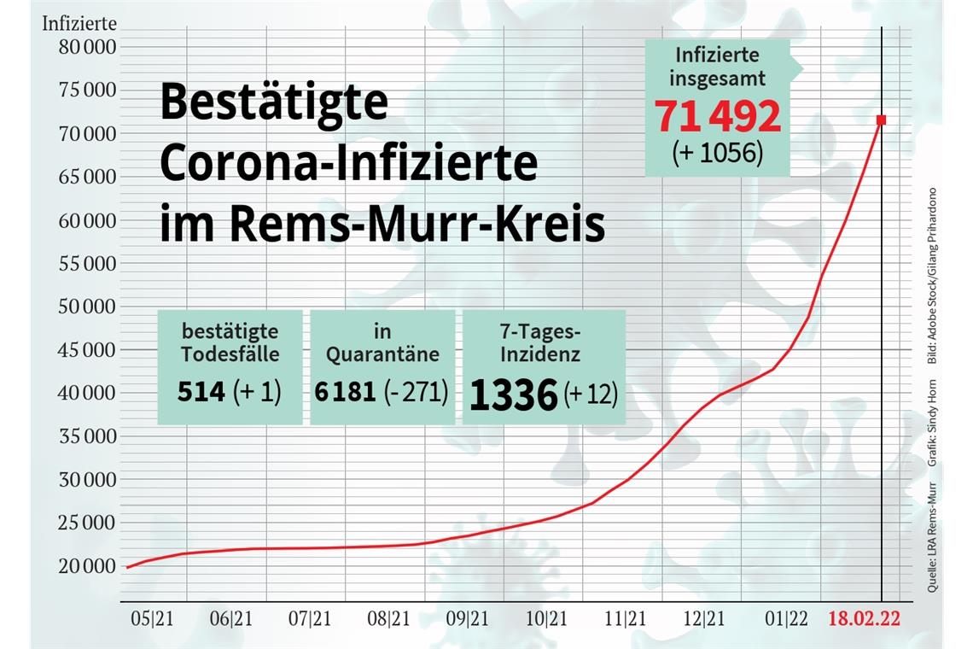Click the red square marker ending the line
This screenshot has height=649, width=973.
pos(881,120)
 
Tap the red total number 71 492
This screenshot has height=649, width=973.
pos(718,116)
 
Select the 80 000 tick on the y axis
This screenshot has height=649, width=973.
pos(88,47)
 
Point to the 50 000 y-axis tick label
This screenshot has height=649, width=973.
pos(88,307)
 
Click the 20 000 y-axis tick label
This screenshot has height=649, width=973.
pos(88,566)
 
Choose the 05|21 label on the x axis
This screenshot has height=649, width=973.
pos(152,619)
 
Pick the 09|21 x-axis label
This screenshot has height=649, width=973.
pos(468,619)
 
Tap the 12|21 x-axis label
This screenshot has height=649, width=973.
pos(705,619)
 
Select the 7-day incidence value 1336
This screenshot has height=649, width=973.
pos(514,396)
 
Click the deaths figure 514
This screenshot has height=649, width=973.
pos(201,392)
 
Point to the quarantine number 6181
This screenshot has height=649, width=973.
pos(345,392)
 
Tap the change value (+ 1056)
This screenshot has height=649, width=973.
pos(717,154)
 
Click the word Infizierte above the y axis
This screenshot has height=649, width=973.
pos(79,23)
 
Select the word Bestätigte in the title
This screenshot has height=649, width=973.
pos(273,103)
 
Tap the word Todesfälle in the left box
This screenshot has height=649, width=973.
pos(229,354)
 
